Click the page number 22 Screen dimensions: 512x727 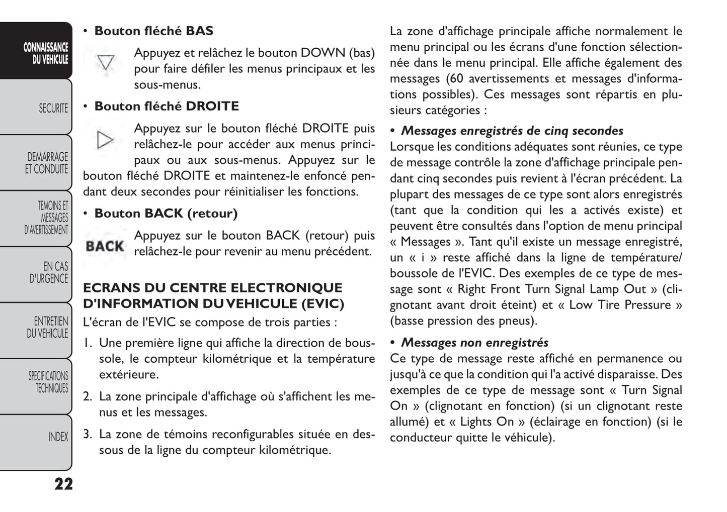(63, 484)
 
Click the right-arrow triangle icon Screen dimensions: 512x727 (105, 140)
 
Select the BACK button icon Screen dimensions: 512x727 (105, 246)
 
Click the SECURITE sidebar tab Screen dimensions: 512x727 (36, 108)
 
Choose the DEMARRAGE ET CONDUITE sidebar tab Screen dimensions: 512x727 (36, 163)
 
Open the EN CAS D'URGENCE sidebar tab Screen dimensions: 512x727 (36, 272)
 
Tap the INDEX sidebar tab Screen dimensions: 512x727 (36, 437)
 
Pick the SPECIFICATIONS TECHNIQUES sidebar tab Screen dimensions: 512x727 (36, 382)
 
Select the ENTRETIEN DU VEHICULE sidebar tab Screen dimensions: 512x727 (36, 327)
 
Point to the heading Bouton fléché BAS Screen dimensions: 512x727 (153, 31)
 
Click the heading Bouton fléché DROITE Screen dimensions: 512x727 (167, 107)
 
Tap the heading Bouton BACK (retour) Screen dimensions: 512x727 (166, 214)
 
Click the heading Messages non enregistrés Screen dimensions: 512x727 (474, 343)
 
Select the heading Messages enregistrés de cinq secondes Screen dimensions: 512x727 (512, 131)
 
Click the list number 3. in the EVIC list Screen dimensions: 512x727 (88, 434)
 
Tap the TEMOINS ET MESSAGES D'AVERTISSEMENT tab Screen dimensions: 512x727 (36, 218)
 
